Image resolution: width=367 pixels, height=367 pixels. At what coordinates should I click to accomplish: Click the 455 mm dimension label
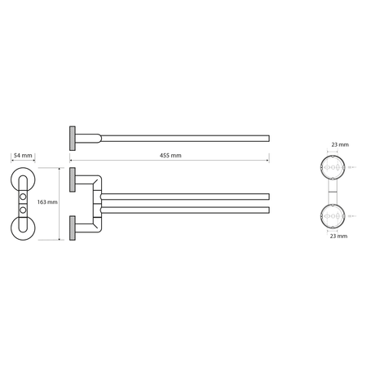(x=170, y=156)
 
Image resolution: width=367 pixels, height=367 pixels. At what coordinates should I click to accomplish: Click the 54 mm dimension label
(x=23, y=156)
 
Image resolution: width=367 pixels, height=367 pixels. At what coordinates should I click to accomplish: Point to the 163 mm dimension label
(x=47, y=202)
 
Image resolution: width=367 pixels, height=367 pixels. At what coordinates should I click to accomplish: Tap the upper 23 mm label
(x=340, y=144)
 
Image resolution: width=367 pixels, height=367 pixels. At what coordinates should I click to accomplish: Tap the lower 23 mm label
(x=338, y=236)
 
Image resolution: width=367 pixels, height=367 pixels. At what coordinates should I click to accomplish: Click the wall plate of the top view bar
(x=73, y=139)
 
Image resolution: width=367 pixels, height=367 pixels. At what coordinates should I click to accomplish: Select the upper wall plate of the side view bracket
(x=73, y=179)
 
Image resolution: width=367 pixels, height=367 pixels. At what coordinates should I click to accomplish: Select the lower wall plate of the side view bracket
(x=73, y=228)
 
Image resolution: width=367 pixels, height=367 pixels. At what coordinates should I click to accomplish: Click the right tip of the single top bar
(x=269, y=139)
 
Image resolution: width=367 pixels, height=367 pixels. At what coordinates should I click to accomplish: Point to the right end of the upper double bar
(x=269, y=197)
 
